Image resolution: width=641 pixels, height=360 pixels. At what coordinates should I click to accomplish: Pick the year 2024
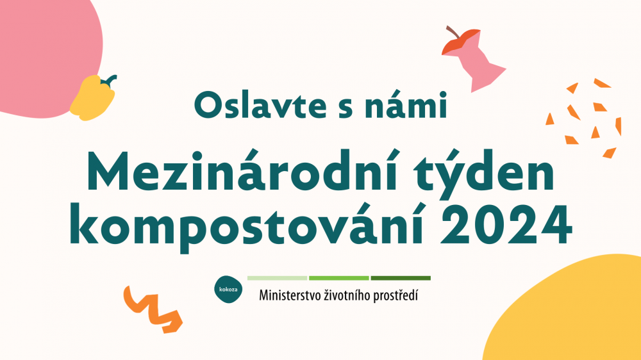(x=506, y=225)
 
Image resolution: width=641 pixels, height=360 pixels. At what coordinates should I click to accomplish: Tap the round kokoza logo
(x=228, y=290)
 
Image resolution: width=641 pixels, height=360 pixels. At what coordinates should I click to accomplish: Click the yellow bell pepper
(x=92, y=99)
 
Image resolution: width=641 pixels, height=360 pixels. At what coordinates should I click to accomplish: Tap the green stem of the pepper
(x=109, y=81)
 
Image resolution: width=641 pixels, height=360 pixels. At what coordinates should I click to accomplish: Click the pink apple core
(x=476, y=62)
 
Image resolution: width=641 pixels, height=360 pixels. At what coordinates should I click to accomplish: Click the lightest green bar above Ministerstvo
(x=277, y=278)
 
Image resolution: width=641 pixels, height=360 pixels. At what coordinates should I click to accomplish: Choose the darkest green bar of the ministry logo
(x=401, y=278)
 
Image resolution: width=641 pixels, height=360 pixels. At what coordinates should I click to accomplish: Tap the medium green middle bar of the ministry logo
(x=339, y=278)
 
